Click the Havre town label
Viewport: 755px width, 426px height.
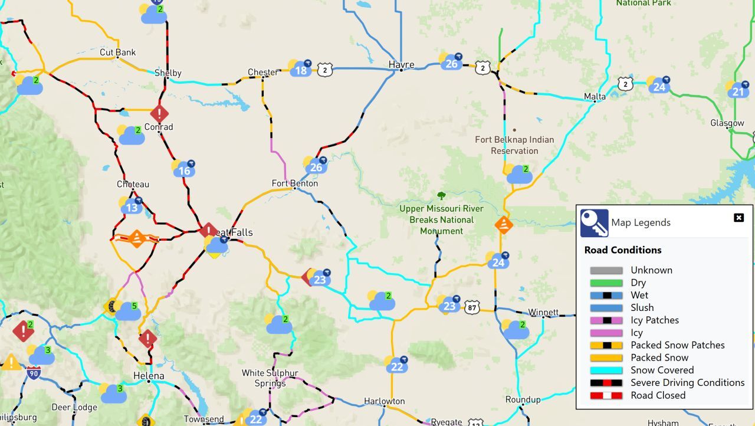[401, 64]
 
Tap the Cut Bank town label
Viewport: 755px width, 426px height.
[117, 53]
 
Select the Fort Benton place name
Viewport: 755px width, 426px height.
[294, 183]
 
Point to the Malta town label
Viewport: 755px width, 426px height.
[595, 96]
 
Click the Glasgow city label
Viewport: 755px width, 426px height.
[727, 123]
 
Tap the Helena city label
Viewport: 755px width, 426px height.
[149, 376]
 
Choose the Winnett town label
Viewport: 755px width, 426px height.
[543, 312]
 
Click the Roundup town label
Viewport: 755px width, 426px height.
[523, 399]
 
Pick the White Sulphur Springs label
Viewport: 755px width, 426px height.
[270, 378]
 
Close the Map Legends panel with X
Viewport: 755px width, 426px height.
[738, 218]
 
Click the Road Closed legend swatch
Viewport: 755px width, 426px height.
[606, 395]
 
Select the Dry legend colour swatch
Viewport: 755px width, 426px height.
[606, 283]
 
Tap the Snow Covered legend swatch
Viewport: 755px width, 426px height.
[606, 371]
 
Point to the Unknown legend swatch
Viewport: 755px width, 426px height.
[606, 271]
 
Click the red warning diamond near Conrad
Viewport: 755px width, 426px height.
[159, 113]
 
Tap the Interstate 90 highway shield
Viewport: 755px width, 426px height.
[34, 373]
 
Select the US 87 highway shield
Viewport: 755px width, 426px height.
[471, 307]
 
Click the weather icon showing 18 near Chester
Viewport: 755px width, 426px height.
[300, 69]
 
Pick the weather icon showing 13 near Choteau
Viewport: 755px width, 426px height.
[132, 206]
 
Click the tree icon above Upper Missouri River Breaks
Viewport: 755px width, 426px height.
[441, 195]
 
